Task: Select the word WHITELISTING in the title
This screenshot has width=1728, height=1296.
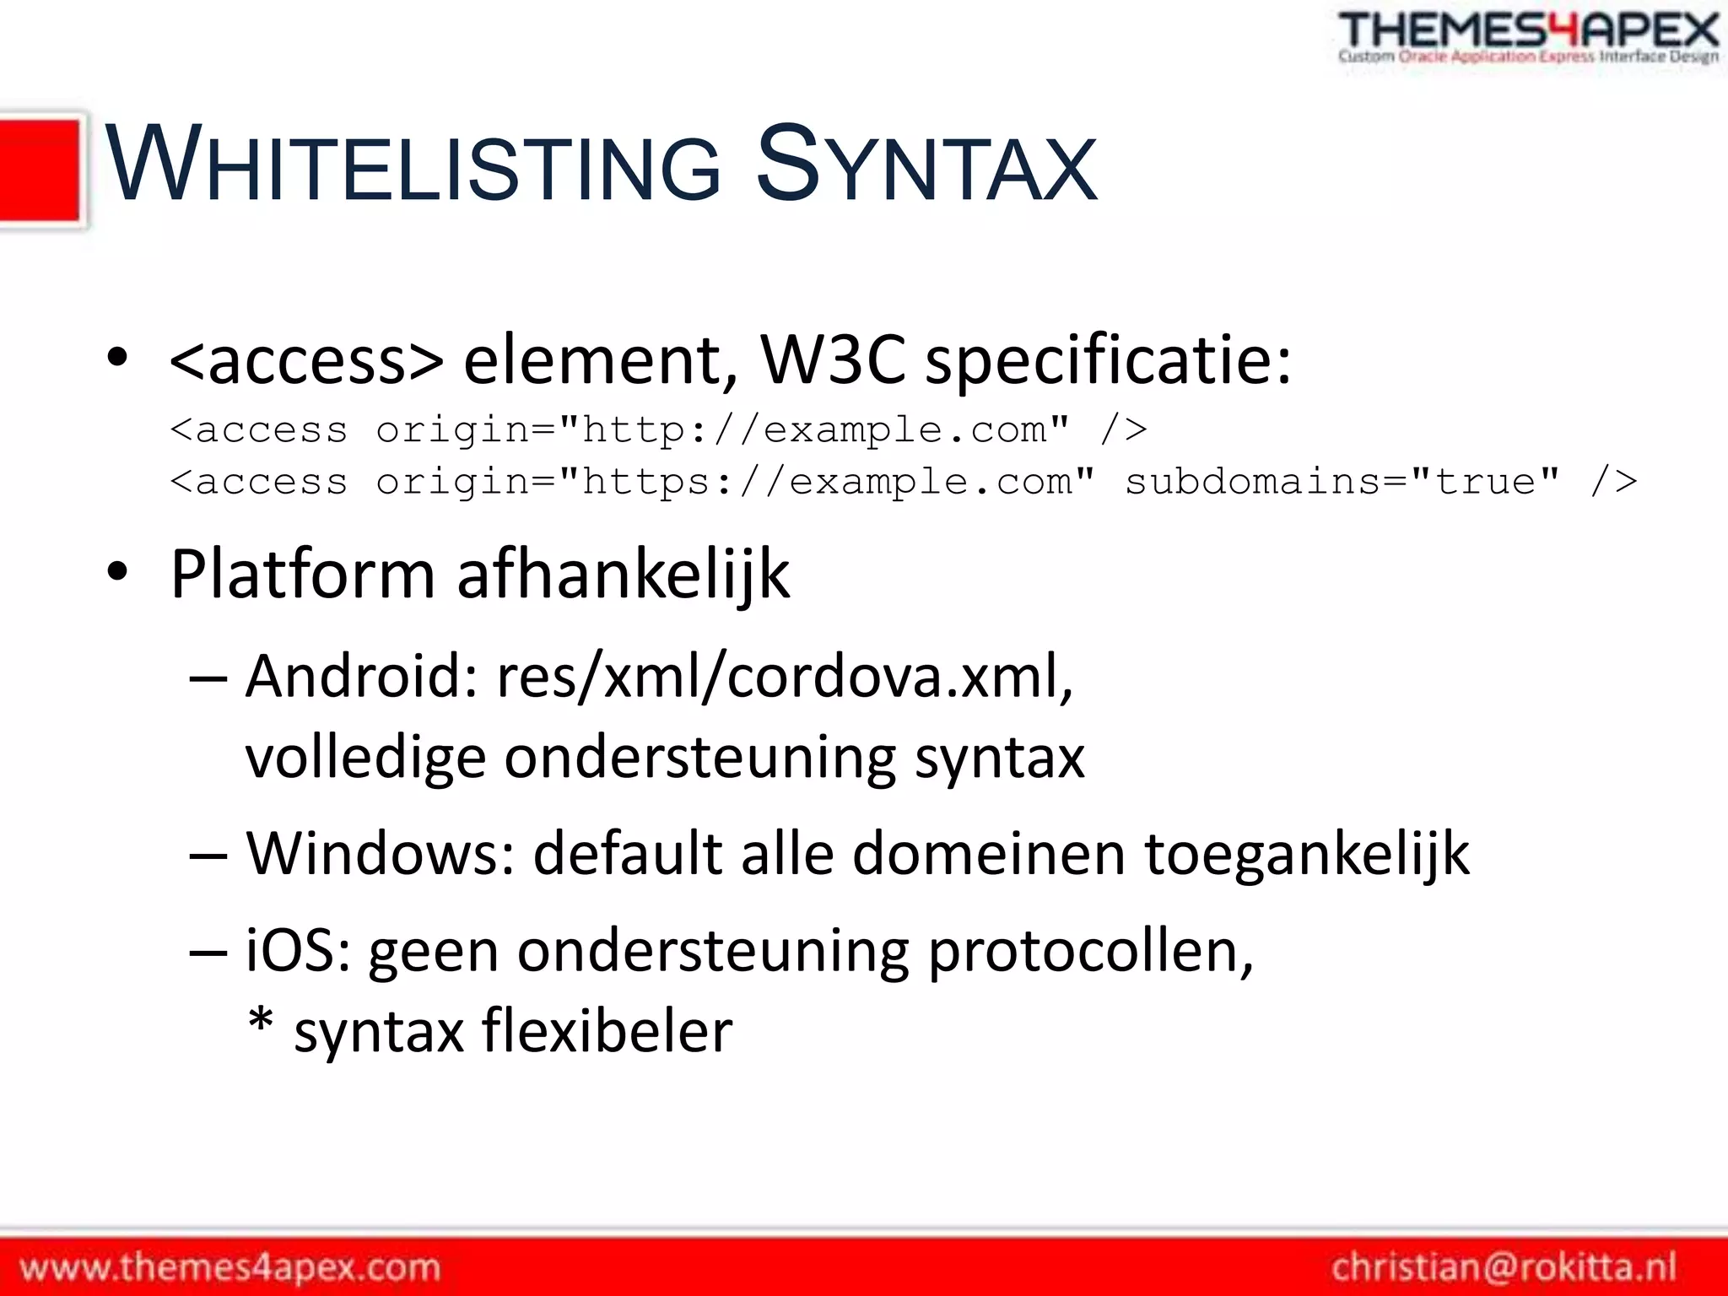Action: [413, 165]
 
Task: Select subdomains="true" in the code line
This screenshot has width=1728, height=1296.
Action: [1342, 482]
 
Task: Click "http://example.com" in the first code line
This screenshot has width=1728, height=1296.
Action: [814, 430]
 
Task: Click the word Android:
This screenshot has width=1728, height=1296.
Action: [363, 677]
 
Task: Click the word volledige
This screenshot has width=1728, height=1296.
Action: [365, 759]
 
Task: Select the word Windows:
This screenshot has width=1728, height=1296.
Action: [381, 854]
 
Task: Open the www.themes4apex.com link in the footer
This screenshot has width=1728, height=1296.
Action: [230, 1267]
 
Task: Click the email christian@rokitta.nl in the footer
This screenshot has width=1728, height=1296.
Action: [1504, 1267]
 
